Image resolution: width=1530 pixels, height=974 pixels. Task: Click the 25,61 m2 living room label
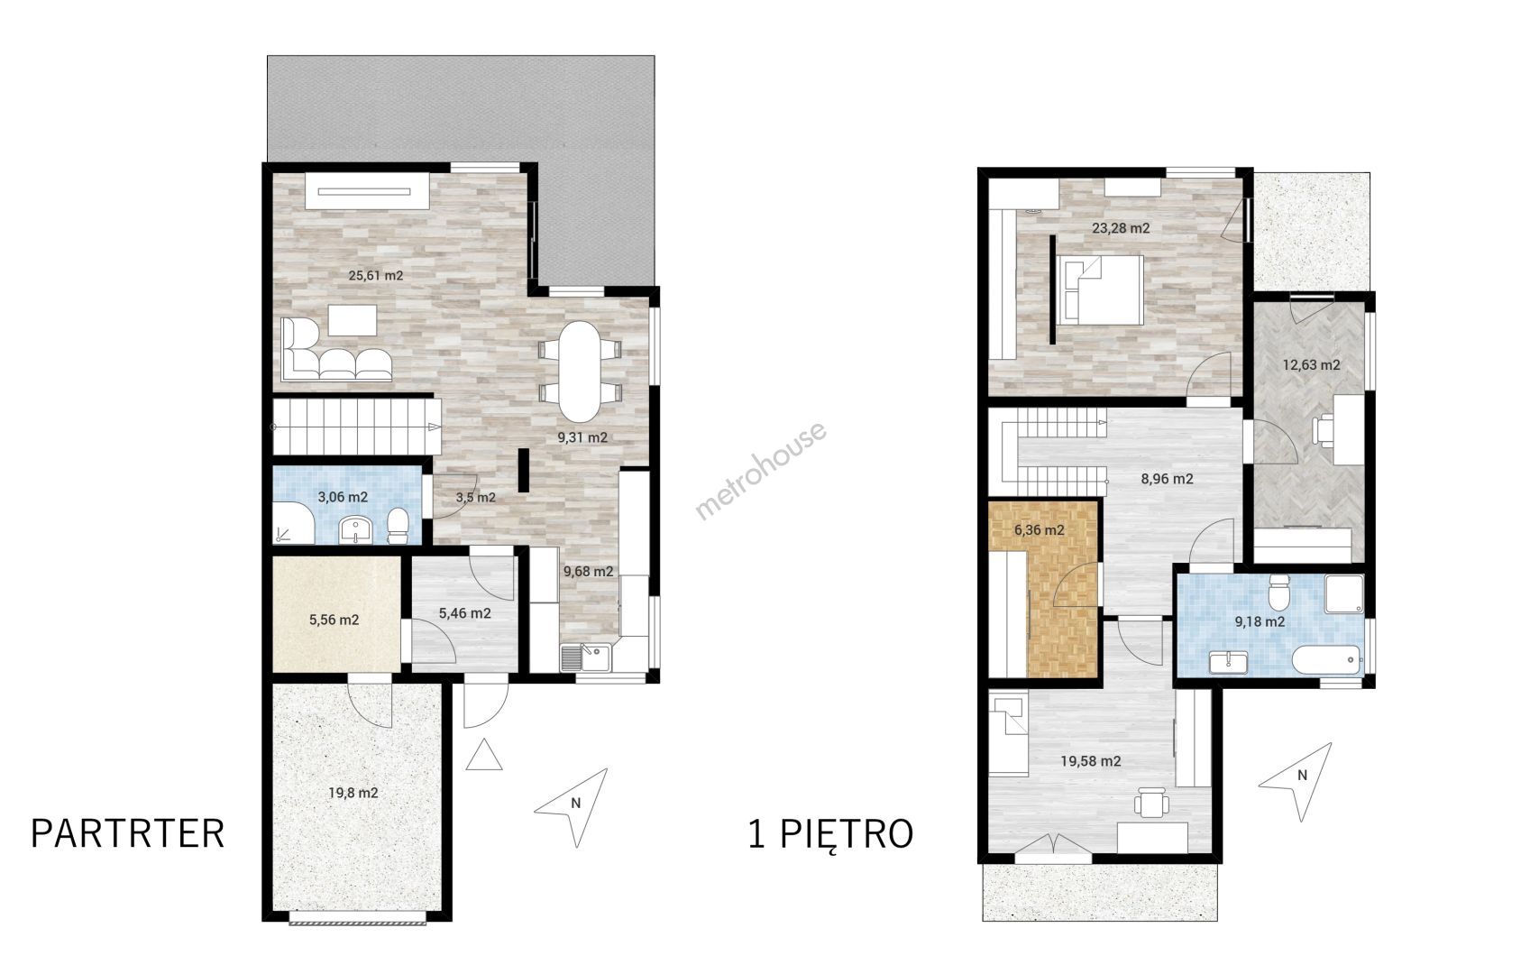376,276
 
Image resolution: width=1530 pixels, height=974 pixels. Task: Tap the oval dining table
580,371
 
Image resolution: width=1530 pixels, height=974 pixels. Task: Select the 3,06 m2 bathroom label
343,497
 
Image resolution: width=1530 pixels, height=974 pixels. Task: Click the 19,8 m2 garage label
353,793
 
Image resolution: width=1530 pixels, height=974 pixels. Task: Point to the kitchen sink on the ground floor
586,657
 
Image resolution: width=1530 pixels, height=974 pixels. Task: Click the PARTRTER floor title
128,834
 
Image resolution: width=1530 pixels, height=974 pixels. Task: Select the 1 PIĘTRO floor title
830,835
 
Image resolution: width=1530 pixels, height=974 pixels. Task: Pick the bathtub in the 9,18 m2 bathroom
1325,660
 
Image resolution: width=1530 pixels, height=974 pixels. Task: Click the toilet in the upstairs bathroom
1278,592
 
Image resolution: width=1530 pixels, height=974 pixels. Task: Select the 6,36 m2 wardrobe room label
1040,530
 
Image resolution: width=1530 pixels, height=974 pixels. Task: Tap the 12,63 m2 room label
1312,364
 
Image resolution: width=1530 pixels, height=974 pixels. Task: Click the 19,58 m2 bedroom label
1091,761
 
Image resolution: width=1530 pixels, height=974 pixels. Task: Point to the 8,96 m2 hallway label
1168,479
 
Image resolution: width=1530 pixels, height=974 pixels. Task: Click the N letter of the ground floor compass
576,804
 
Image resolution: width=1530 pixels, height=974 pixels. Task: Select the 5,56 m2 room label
334,620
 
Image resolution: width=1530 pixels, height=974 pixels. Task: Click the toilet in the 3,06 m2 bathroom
398,526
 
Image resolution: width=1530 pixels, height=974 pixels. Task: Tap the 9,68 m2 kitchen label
588,571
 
